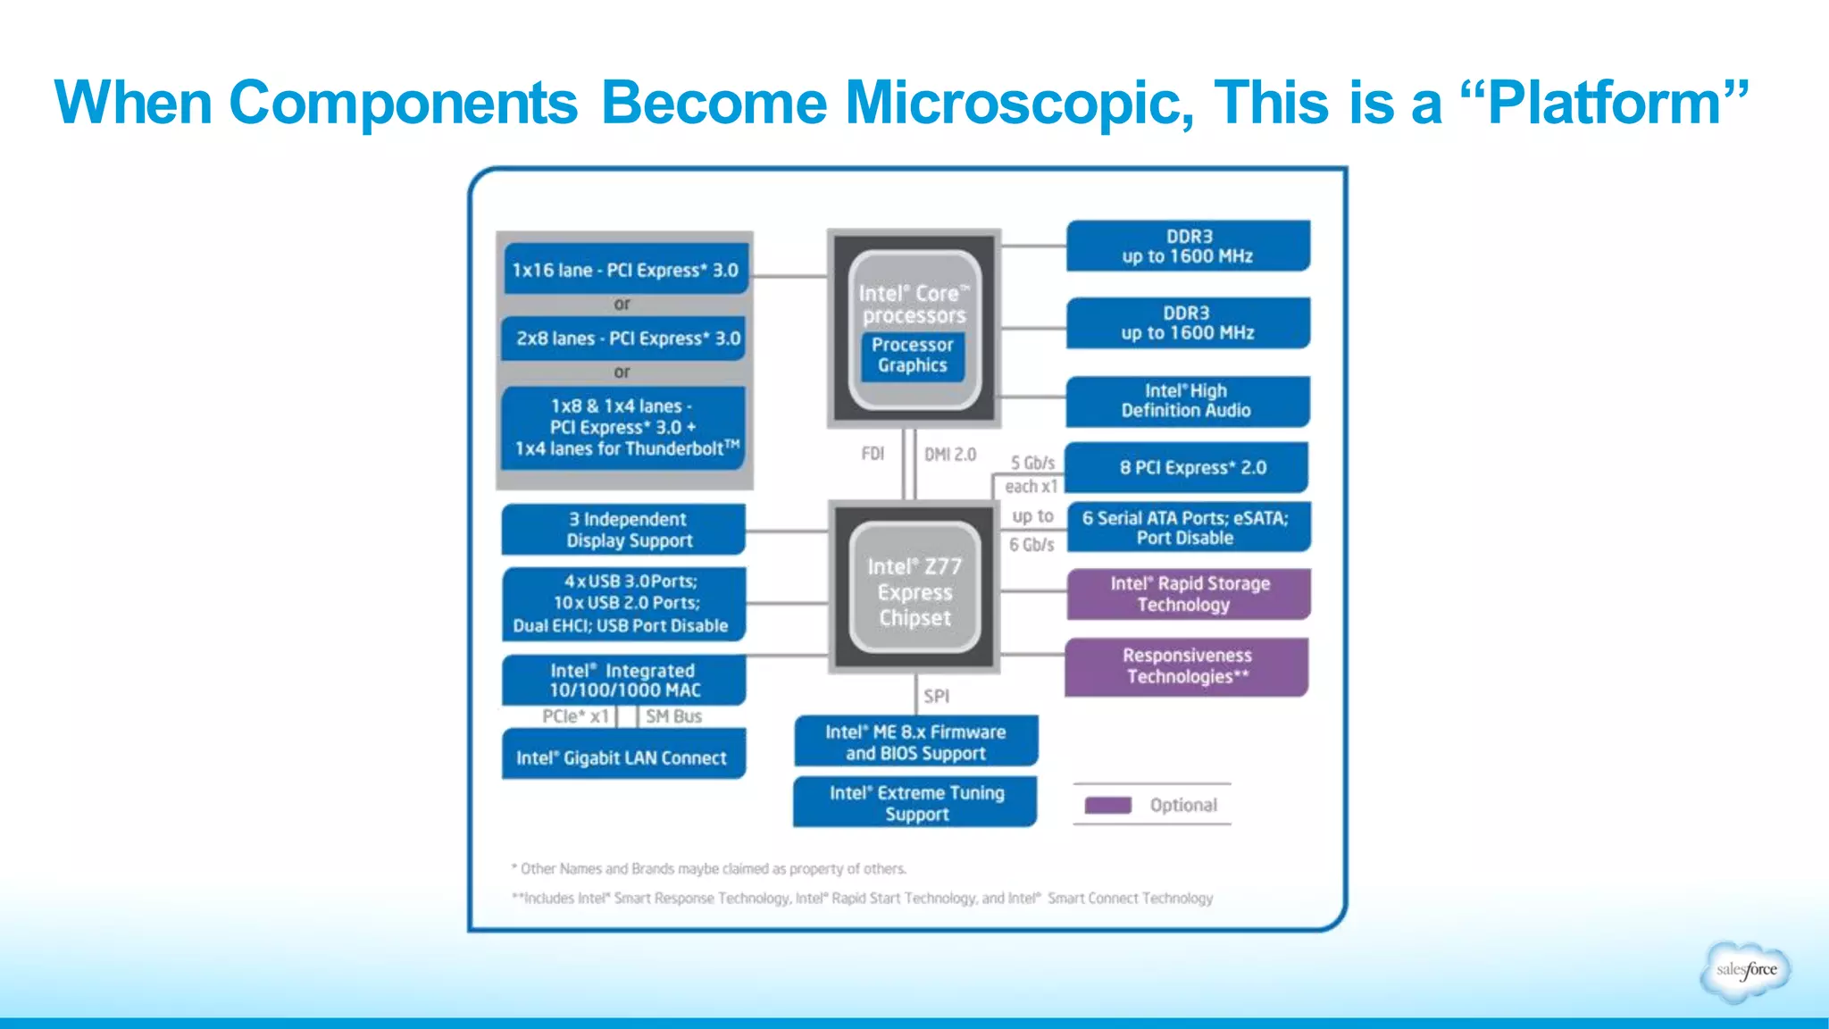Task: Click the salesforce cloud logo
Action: [x=1746, y=970]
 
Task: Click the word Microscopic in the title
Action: [x=1018, y=103]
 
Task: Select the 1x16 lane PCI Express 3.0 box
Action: [x=625, y=270]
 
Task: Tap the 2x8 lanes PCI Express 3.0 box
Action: [x=625, y=339]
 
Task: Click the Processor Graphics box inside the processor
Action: [x=912, y=356]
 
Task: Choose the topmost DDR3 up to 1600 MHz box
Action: [x=1188, y=247]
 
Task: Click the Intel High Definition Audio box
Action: [x=1187, y=401]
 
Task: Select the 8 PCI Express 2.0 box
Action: [x=1187, y=467]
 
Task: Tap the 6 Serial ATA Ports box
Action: [x=1187, y=528]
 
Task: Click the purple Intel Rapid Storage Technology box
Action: [x=1189, y=594]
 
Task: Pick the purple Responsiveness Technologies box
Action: [x=1187, y=666]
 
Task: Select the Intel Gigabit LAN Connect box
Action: [x=623, y=757]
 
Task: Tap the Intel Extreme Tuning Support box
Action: [x=915, y=802]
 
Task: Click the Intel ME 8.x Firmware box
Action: [x=915, y=741]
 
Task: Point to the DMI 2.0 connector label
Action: [x=950, y=455]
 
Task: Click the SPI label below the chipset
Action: [x=936, y=696]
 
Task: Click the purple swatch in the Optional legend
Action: [x=1107, y=805]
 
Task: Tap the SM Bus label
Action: [x=673, y=716]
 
